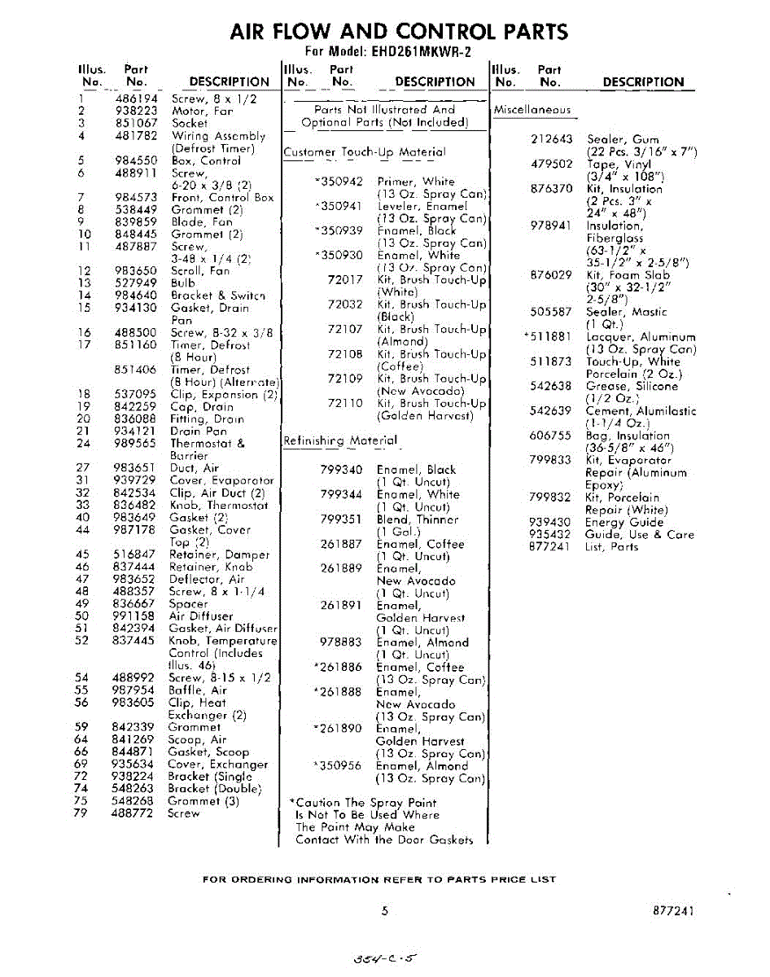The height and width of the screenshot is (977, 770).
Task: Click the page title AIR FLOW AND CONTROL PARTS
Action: click(x=399, y=31)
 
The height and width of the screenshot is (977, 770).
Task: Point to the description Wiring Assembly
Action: click(x=218, y=136)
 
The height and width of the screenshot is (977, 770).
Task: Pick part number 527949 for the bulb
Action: click(x=133, y=283)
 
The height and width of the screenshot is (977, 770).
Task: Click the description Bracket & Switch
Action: click(x=218, y=296)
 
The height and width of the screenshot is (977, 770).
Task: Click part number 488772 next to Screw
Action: click(x=132, y=813)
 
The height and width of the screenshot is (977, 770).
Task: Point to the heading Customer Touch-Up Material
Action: click(x=364, y=151)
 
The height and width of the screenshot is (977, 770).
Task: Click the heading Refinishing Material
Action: click(x=340, y=440)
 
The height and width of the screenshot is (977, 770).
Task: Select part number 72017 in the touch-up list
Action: click(x=345, y=279)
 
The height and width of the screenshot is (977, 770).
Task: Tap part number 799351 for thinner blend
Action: click(x=341, y=519)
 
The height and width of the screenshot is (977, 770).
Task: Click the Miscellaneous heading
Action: click(x=532, y=109)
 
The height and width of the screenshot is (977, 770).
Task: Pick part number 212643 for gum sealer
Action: click(x=552, y=139)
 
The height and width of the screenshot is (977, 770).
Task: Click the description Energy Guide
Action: click(x=624, y=522)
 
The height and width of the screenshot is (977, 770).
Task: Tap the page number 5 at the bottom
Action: click(x=385, y=912)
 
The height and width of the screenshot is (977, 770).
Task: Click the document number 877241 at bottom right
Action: click(x=673, y=912)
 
